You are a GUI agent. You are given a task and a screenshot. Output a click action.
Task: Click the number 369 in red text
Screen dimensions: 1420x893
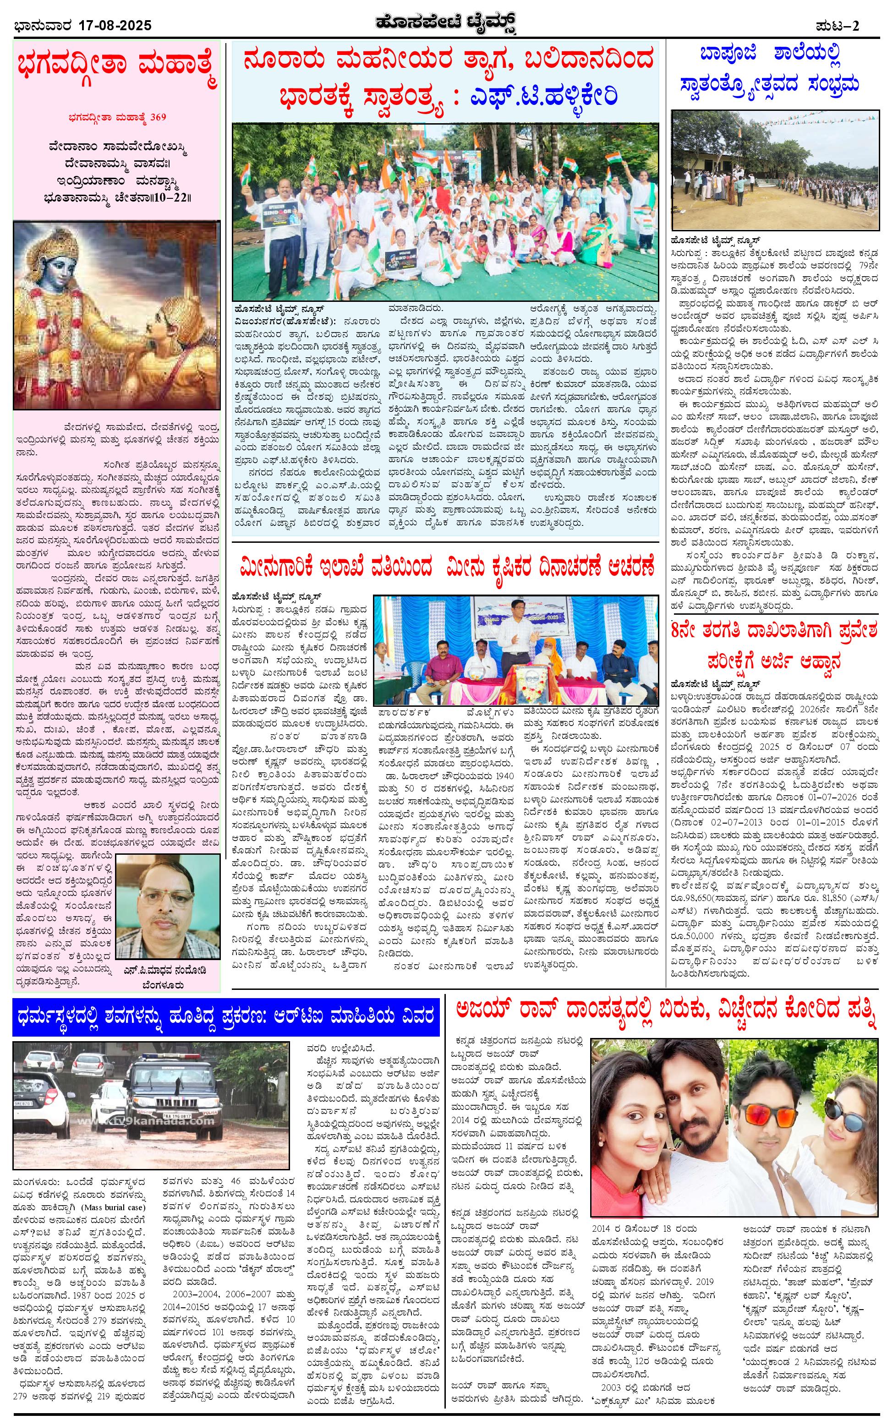158,116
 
